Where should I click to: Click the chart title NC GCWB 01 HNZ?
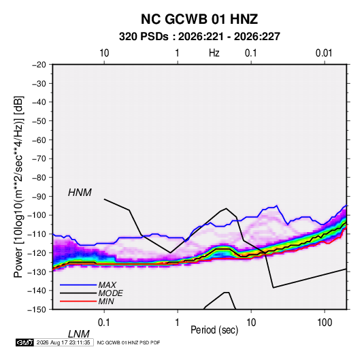[x=199, y=19]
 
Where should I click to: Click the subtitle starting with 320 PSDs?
[x=199, y=37]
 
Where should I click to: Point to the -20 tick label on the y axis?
[x=39, y=65]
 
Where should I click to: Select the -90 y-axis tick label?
[x=39, y=197]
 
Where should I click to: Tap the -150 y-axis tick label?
[x=37, y=310]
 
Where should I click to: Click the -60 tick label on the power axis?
[x=39, y=140]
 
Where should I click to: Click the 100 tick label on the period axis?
[x=325, y=323]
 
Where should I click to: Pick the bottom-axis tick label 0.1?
[x=103, y=323]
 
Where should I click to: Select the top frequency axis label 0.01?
[x=324, y=53]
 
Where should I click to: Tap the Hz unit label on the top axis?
[x=214, y=53]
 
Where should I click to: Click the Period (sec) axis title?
[x=214, y=330]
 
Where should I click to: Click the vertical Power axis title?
[x=18, y=187]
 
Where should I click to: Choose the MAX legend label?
[x=107, y=285]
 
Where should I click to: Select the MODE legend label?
[x=110, y=293]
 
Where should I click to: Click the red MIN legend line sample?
[x=78, y=301]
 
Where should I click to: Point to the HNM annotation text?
[x=80, y=193]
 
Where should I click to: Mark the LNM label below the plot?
[x=79, y=334]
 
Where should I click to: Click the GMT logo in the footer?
[x=25, y=342]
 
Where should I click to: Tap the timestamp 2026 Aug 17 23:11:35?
[x=63, y=342]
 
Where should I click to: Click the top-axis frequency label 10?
[x=104, y=53]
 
